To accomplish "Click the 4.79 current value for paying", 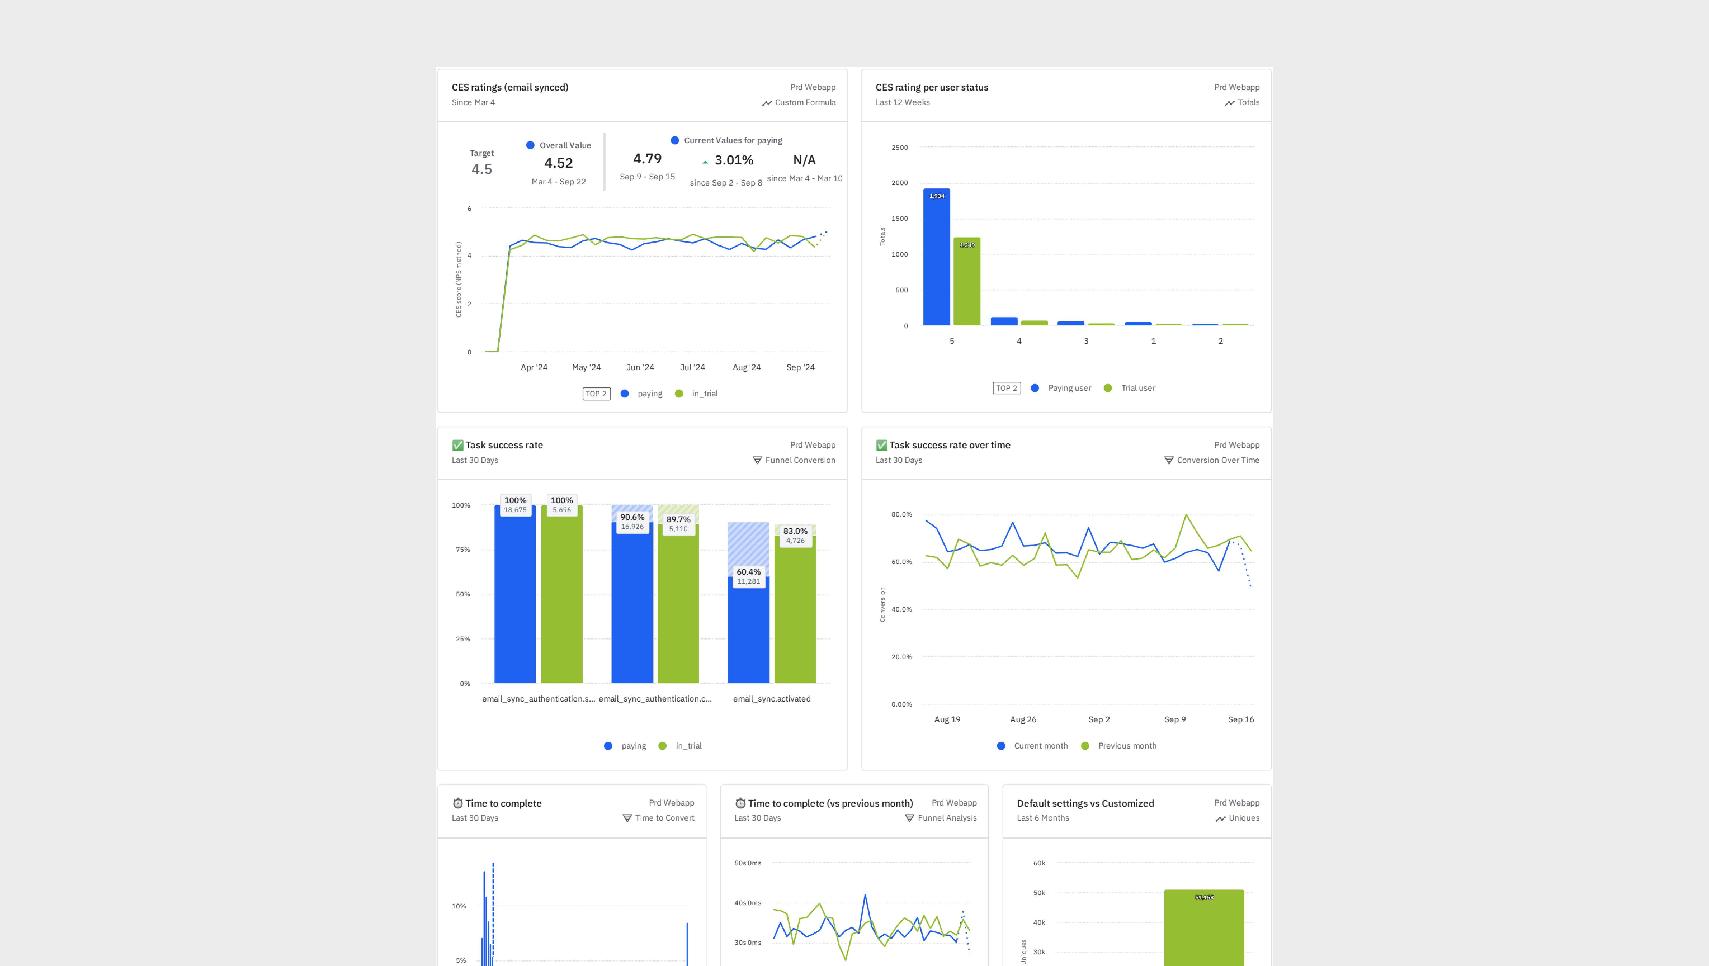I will [647, 158].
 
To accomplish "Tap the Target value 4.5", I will [482, 169].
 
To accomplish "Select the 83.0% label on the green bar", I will [795, 531].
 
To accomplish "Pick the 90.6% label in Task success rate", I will [632, 517].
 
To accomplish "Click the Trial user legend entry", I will [1137, 388].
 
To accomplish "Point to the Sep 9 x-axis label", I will [1174, 719].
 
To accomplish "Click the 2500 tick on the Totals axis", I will [899, 147].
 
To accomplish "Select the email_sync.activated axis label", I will [771, 699].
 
